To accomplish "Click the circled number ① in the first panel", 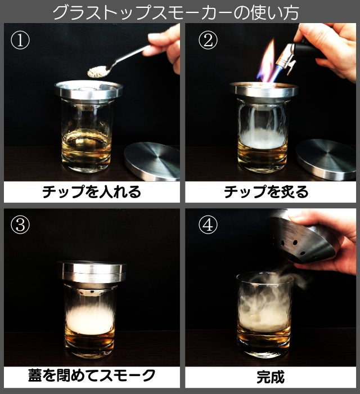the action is (x=20, y=40).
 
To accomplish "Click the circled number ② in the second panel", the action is (x=208, y=40).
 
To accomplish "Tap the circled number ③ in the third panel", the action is (x=20, y=225).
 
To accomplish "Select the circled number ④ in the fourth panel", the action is (x=208, y=225).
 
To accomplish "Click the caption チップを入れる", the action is (x=92, y=192).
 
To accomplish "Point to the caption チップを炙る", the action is (x=266, y=192).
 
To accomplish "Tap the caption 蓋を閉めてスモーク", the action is (x=92, y=376).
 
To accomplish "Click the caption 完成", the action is (x=271, y=377).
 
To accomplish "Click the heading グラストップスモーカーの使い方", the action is (x=175, y=12).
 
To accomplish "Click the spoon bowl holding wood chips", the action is (x=97, y=71).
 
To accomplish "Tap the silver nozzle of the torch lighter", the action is (x=286, y=58).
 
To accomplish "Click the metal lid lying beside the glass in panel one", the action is (x=152, y=161).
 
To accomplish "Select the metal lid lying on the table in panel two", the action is (x=326, y=159).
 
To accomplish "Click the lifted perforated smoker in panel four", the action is (x=301, y=239).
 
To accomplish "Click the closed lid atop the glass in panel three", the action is (x=93, y=272).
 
